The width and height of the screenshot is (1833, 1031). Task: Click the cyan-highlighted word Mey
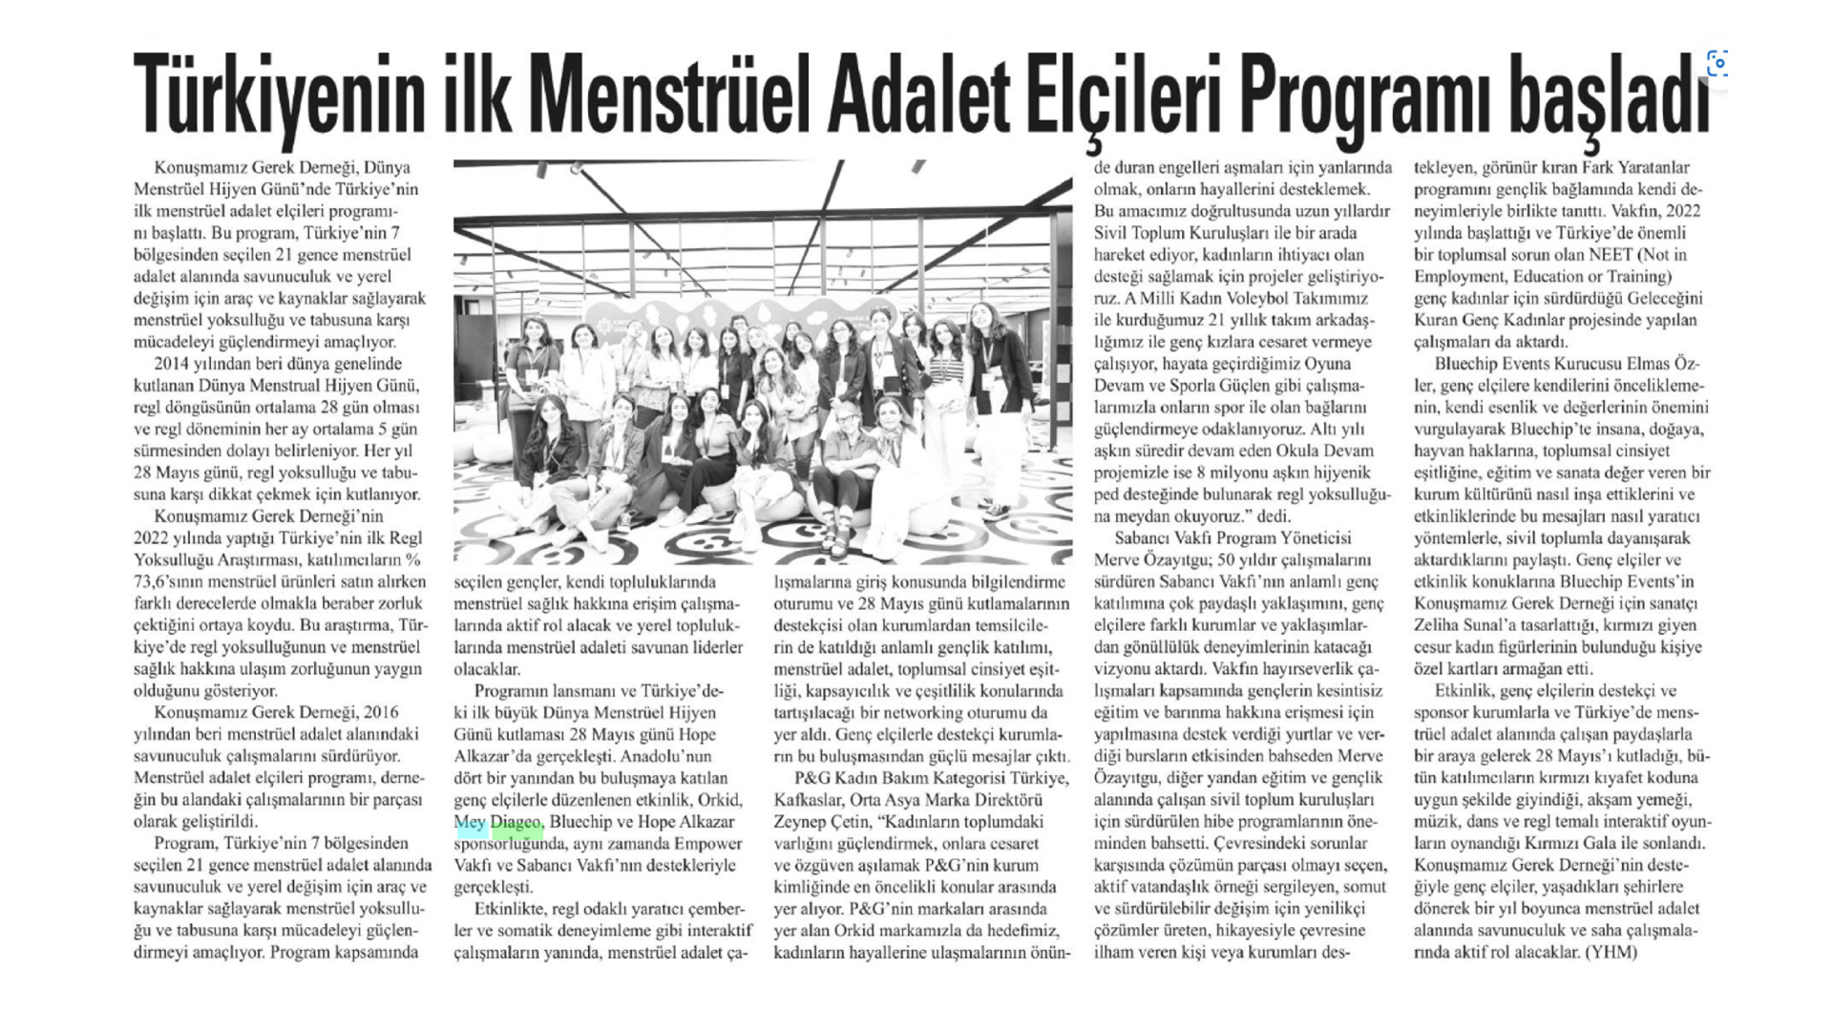(x=470, y=823)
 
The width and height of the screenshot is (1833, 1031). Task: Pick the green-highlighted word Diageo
(x=517, y=823)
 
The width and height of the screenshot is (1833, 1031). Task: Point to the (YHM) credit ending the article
(x=1612, y=953)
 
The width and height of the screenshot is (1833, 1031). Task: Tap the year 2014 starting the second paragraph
(x=174, y=364)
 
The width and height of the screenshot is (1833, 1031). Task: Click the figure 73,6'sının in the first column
(x=173, y=581)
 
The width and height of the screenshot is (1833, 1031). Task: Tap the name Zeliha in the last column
(x=1440, y=625)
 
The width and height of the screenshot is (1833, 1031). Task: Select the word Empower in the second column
(x=708, y=844)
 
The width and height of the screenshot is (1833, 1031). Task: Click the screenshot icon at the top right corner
(x=1716, y=64)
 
